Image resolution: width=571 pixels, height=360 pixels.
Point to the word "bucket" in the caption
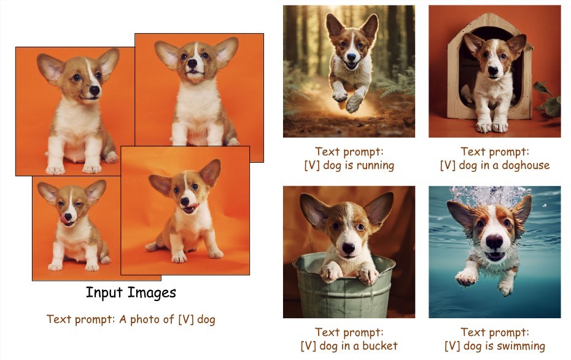pyautogui.click(x=379, y=345)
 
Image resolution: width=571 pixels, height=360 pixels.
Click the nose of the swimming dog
pyautogui.click(x=494, y=241)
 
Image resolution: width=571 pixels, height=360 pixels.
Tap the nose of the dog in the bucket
pyautogui.click(x=348, y=248)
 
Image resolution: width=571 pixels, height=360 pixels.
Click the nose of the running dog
pyautogui.click(x=351, y=57)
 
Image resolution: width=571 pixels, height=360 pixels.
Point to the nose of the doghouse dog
pyautogui.click(x=492, y=70)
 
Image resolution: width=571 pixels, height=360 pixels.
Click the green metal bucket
pyautogui.click(x=343, y=288)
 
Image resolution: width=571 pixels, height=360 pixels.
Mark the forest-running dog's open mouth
pyautogui.click(x=351, y=66)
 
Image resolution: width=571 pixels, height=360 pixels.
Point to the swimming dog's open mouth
pyautogui.click(x=495, y=256)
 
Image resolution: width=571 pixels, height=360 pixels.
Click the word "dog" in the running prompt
pyautogui.click(x=333, y=166)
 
